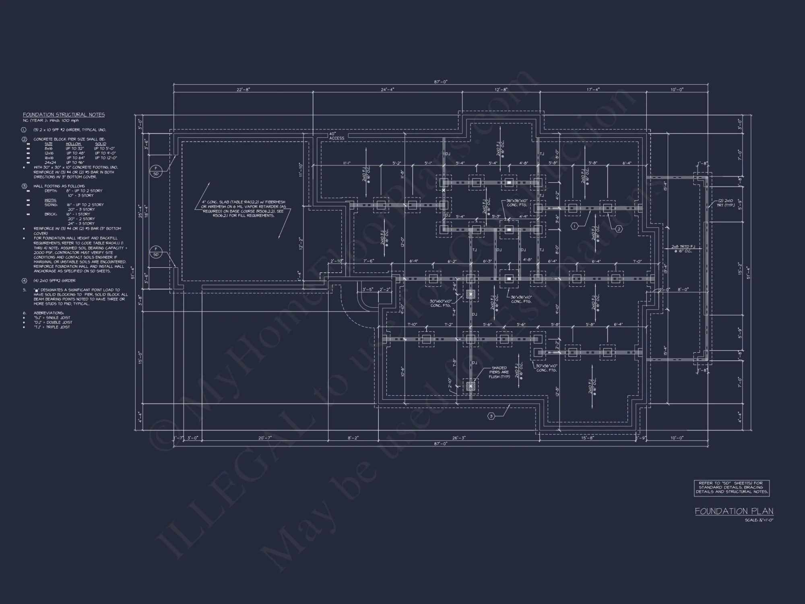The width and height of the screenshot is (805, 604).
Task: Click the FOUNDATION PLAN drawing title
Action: tap(734, 511)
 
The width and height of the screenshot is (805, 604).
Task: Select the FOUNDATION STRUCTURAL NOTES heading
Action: tap(64, 115)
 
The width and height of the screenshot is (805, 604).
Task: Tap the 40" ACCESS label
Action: tap(336, 136)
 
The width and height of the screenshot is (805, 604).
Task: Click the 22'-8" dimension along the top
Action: tap(243, 89)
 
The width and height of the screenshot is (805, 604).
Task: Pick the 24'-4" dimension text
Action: tap(387, 89)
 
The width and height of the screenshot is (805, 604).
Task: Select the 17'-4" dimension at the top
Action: tap(592, 89)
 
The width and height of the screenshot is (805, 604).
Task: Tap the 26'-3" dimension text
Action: tap(458, 438)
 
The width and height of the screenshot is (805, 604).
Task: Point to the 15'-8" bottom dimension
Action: tap(587, 438)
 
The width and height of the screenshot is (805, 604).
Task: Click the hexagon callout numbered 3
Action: tap(491, 416)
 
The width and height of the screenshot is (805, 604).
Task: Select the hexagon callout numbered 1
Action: tap(574, 227)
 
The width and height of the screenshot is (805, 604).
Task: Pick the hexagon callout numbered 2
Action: tap(619, 229)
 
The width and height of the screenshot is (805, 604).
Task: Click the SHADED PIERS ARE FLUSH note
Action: tap(499, 372)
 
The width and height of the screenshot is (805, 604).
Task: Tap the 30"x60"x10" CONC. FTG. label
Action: tap(440, 303)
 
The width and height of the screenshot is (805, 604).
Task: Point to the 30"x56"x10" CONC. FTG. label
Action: tap(547, 368)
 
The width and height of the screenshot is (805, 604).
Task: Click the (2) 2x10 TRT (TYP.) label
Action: tap(726, 203)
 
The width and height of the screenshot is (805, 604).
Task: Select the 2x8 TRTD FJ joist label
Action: tap(683, 248)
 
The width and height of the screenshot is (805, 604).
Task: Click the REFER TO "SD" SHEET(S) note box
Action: tap(731, 487)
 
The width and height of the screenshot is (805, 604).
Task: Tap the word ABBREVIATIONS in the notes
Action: tap(48, 313)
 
